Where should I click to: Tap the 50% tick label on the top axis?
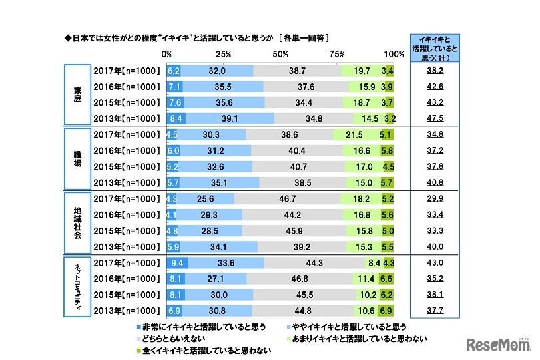click(280, 54)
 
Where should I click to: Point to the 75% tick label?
click(337, 54)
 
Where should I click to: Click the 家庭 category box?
click(77, 94)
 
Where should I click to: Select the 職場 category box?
click(77, 159)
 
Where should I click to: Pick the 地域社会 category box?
click(77, 224)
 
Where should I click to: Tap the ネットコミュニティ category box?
click(77, 287)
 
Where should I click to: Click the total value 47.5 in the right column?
click(435, 118)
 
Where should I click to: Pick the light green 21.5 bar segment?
click(358, 134)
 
